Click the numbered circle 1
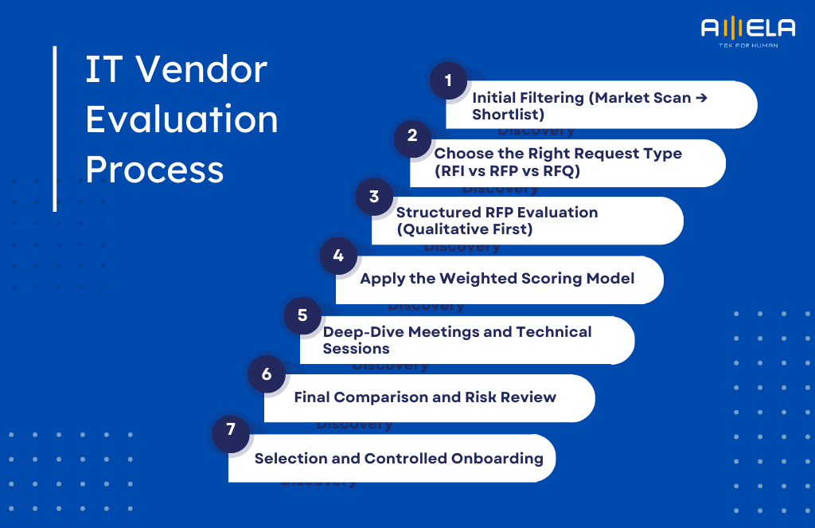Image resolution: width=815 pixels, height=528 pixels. [448, 80]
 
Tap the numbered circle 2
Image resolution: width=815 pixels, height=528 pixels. [412, 136]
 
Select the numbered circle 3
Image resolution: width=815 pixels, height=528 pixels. [374, 197]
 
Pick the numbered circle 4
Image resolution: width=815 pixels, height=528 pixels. [338, 256]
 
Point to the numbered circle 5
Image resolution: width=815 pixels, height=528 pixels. [302, 315]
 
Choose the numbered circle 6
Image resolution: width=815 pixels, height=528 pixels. [267, 374]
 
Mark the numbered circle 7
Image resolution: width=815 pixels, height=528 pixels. [231, 430]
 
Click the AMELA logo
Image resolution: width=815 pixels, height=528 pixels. [747, 31]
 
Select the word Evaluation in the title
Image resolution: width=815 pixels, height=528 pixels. [181, 119]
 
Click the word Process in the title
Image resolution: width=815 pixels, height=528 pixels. [154, 169]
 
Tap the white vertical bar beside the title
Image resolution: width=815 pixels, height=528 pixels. [55, 128]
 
